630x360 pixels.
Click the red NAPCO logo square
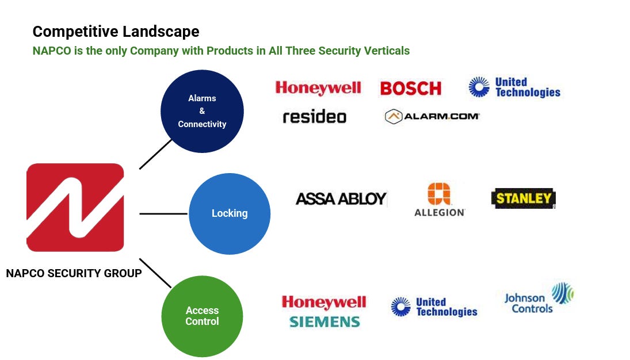[75, 208]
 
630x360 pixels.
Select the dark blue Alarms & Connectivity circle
[202, 111]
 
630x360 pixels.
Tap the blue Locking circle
[230, 213]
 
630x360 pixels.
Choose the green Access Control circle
[202, 316]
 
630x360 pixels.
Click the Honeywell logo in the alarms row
[318, 88]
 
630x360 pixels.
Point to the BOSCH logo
[410, 88]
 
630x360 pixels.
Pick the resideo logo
[314, 117]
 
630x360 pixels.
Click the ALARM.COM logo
[432, 116]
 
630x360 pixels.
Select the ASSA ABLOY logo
[341, 199]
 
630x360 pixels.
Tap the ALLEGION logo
[440, 200]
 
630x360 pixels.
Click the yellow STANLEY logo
[523, 198]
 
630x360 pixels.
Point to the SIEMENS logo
[324, 321]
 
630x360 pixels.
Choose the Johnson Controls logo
[537, 298]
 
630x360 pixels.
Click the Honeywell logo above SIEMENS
[324, 302]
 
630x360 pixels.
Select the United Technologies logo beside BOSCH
[514, 87]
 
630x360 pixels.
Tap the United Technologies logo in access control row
[434, 307]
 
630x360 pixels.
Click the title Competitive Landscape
[116, 32]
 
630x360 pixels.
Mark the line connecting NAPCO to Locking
[164, 213]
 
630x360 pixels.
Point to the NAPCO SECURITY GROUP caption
[74, 273]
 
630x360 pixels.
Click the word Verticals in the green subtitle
[387, 51]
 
